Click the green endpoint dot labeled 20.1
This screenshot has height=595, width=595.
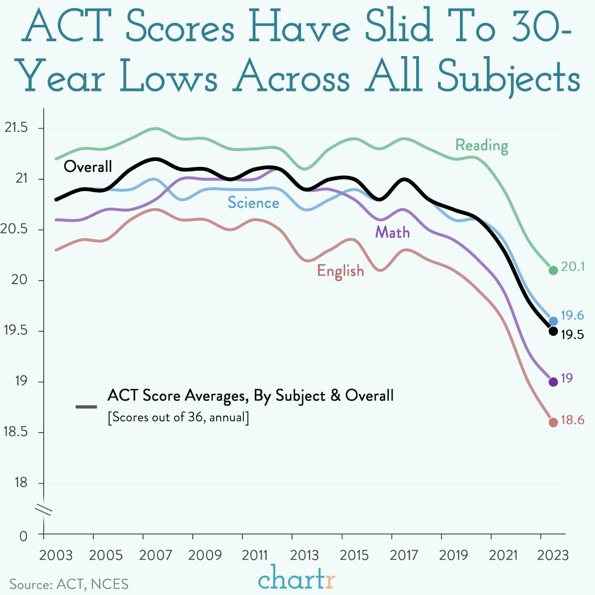click(553, 270)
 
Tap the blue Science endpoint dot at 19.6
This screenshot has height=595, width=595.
click(553, 321)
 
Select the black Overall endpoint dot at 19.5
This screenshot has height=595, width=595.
click(553, 331)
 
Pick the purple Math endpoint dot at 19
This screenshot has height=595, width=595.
click(553, 382)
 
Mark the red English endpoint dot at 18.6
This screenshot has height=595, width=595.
click(553, 423)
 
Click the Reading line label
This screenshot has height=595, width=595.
click(482, 146)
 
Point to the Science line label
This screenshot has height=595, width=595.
click(253, 203)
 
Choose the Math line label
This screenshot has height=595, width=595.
click(392, 232)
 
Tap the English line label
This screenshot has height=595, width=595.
click(341, 271)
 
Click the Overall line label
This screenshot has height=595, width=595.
click(88, 166)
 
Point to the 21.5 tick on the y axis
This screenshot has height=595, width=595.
click(16, 128)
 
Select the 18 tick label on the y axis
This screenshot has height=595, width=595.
click(21, 483)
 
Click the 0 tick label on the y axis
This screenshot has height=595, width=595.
click(23, 536)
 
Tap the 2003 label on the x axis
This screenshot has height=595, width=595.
click(56, 555)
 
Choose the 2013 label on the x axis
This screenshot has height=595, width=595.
click(304, 555)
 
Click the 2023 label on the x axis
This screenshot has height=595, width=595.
click(552, 555)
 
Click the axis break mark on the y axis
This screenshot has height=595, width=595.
click(44, 510)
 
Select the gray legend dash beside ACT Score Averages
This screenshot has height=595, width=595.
click(86, 407)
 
